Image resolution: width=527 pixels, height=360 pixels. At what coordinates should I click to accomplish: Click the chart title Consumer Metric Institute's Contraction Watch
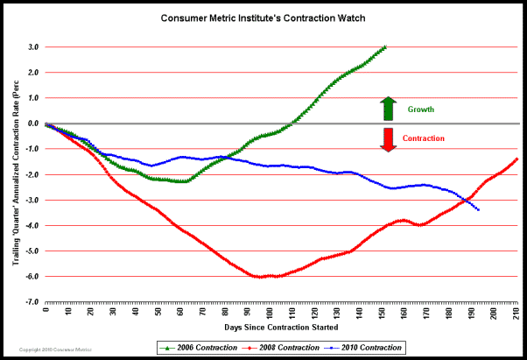[x=263, y=17]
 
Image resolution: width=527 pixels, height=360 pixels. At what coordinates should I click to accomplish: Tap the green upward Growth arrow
[x=388, y=109]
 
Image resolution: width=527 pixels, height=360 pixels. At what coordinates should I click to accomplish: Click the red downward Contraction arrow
[x=388, y=138]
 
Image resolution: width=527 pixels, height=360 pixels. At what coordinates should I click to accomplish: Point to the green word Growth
[x=421, y=109]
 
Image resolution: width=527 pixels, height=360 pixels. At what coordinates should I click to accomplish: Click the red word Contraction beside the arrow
[x=424, y=138]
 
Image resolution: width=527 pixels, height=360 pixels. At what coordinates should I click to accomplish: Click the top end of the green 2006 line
[x=384, y=47]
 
